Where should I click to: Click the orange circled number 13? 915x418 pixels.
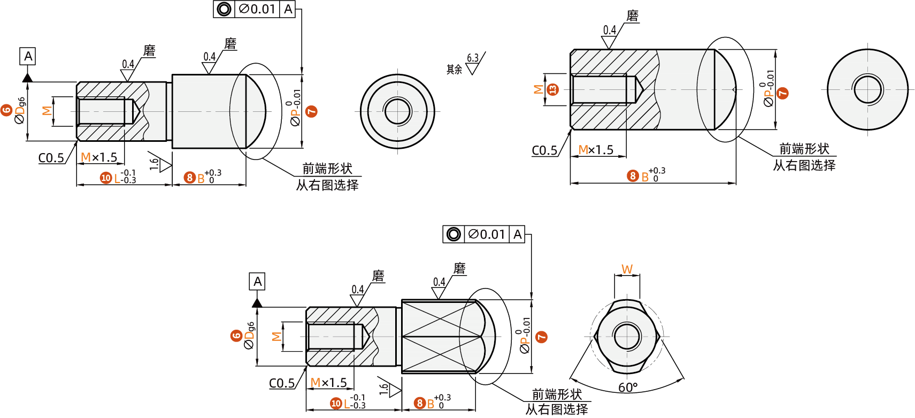553,89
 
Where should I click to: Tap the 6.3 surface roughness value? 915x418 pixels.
473,58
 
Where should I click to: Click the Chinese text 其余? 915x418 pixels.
454,70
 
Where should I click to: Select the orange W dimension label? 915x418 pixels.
627,269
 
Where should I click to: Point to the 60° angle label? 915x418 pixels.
628,387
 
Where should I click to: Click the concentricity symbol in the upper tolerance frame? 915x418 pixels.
224,9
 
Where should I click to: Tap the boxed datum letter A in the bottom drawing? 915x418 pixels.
257,282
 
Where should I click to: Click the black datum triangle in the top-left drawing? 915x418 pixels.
27,78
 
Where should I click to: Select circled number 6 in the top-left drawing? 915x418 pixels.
6,110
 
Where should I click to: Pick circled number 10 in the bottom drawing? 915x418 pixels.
336,404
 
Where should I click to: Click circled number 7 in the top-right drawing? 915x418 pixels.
782,93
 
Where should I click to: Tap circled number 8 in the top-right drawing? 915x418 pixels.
633,176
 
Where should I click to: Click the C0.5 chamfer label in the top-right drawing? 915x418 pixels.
544,150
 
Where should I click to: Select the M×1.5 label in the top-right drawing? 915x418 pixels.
596,150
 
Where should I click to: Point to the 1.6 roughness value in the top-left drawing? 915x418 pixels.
154,163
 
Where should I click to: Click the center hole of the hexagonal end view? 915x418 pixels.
627,337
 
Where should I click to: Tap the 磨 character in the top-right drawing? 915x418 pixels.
633,16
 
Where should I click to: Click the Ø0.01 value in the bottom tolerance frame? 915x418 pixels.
486,234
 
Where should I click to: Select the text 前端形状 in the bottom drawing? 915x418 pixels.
557,394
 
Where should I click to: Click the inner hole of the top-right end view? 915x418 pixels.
867,89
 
